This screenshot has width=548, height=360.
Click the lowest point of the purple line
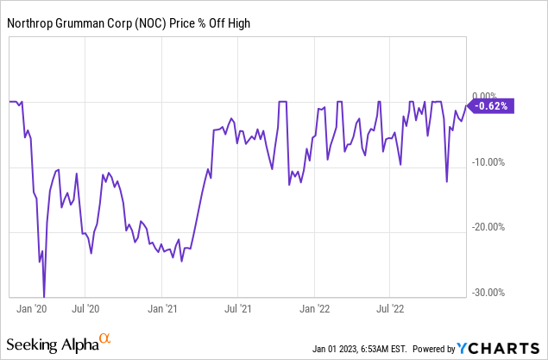coord(44,296)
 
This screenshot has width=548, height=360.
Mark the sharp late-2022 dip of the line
coord(446,181)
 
